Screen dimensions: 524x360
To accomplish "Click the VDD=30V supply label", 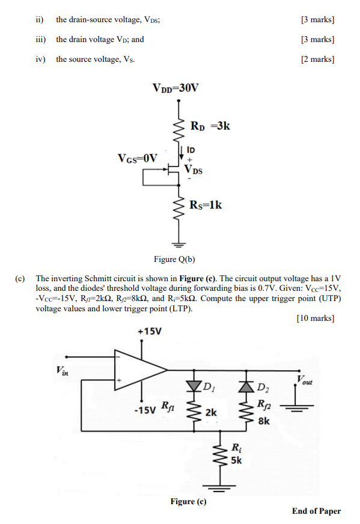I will (175, 88).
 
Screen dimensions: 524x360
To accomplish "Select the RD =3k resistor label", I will (210, 126).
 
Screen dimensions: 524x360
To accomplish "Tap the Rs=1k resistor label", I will (206, 206).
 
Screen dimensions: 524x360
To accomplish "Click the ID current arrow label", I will (191, 149).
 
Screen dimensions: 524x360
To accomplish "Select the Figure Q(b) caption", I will (175, 260).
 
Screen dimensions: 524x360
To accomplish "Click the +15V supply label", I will (149, 331).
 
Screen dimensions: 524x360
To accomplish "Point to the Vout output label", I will (305, 379).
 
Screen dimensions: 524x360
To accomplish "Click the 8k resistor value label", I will (263, 422).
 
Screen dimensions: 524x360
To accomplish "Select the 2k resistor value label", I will (210, 413).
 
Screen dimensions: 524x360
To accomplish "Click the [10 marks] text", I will (316, 318).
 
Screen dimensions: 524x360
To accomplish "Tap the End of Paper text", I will (316, 511).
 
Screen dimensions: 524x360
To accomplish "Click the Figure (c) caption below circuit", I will (188, 501).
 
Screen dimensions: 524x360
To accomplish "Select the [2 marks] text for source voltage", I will (317, 59).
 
